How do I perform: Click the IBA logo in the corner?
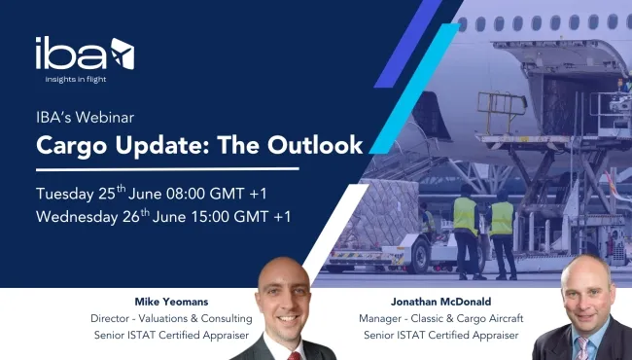pyautogui.click(x=85, y=54)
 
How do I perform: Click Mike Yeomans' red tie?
pyautogui.click(x=294, y=349)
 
